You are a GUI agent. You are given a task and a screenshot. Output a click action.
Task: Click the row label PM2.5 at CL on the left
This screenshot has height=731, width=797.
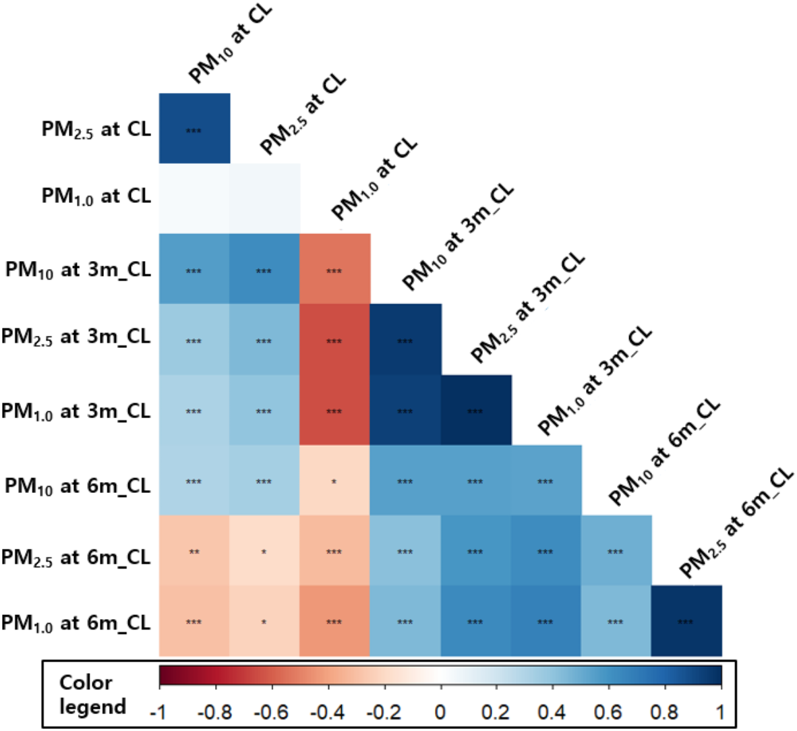pos(96,129)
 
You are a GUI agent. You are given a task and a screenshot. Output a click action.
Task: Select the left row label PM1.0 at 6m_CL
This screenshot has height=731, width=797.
pos(76,622)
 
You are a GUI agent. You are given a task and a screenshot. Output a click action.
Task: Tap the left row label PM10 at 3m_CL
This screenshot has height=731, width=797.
pos(78,270)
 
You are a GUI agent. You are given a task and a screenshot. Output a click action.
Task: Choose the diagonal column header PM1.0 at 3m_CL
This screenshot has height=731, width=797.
pos(595,381)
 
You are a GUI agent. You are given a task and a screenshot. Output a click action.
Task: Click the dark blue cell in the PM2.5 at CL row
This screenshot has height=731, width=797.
pos(194,129)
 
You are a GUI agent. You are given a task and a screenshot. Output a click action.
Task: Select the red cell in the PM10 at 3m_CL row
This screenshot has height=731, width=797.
pos(334,269)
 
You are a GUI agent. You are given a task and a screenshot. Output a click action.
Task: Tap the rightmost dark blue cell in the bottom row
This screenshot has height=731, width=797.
pos(686,620)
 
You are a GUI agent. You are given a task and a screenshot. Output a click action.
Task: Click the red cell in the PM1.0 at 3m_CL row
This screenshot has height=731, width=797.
pos(334,410)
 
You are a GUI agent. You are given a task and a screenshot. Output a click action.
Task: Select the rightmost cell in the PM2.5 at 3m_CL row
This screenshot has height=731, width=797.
pos(405,339)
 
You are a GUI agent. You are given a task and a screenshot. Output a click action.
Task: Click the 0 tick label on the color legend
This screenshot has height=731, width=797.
pos(440,711)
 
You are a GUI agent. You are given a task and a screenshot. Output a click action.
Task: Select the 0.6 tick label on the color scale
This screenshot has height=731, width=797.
pos(609,711)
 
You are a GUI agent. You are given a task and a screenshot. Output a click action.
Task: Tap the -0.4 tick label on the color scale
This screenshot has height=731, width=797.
pos(328,711)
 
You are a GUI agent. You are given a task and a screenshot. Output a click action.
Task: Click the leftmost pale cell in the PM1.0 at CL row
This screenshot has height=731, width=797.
pos(194,198)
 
